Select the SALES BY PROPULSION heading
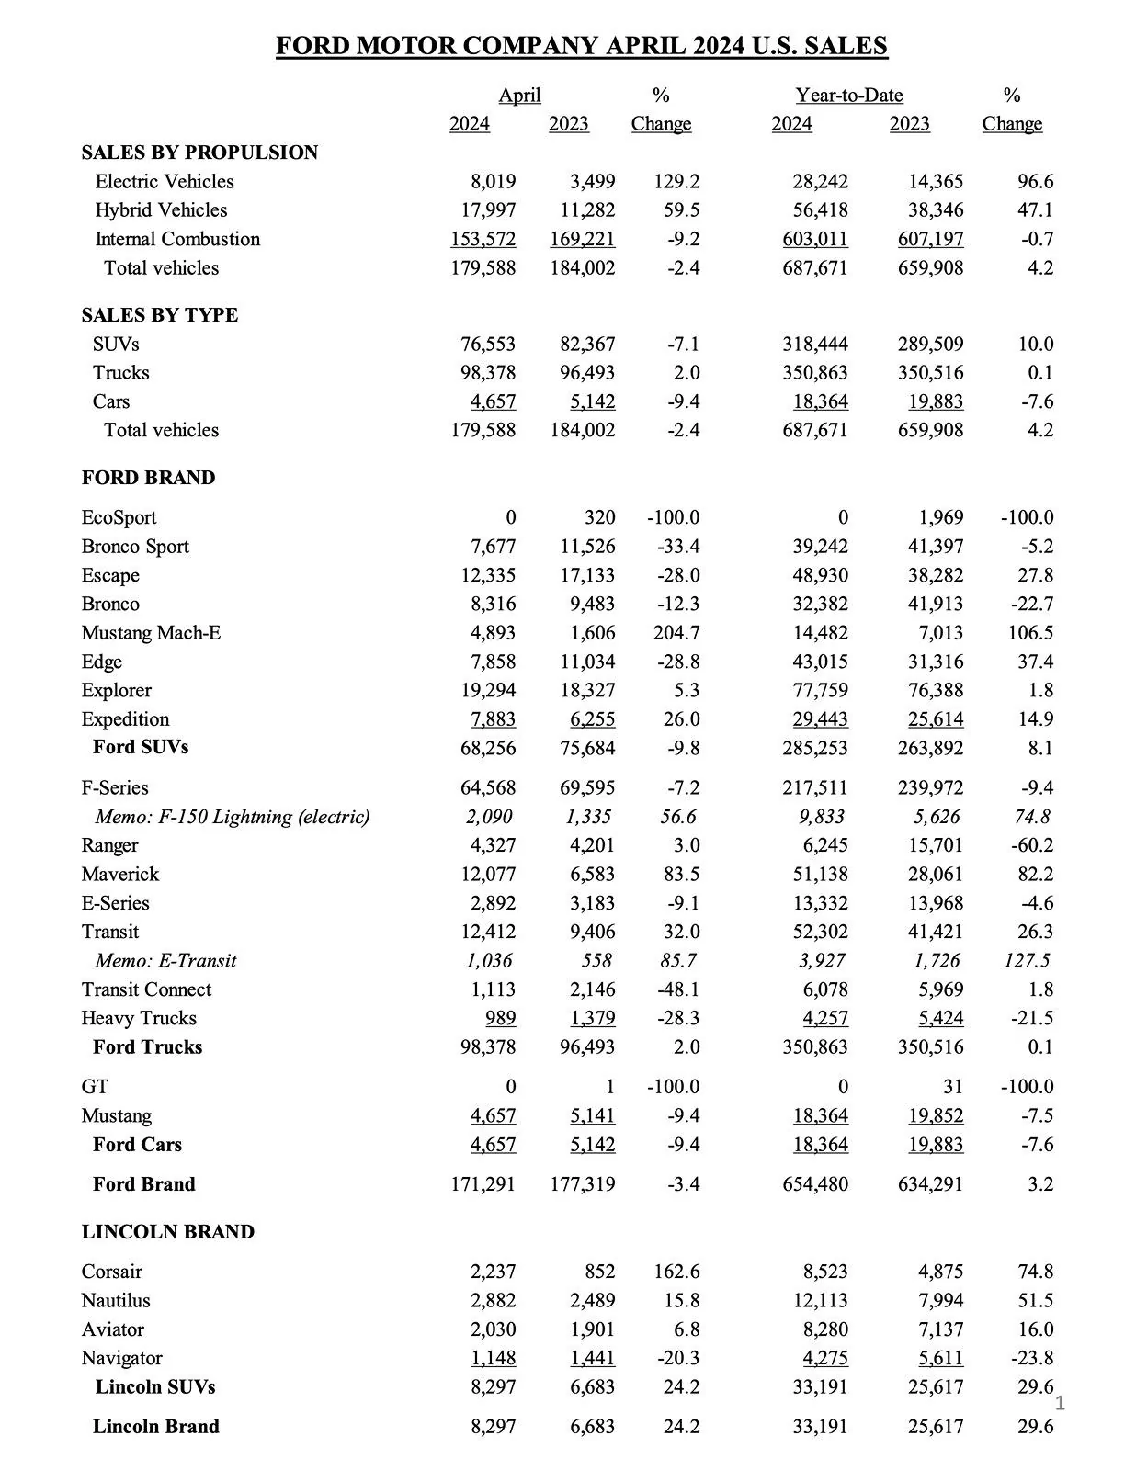199,153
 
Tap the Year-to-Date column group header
848,96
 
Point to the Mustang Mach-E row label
151,633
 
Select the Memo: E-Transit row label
165,961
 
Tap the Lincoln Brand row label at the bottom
155,1427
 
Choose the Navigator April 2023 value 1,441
592,1358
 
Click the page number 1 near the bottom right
1059,1402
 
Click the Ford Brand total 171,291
483,1184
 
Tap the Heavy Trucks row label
139,1018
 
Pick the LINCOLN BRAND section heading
167,1232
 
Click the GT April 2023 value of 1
608,1087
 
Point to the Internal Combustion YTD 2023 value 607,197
930,239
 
